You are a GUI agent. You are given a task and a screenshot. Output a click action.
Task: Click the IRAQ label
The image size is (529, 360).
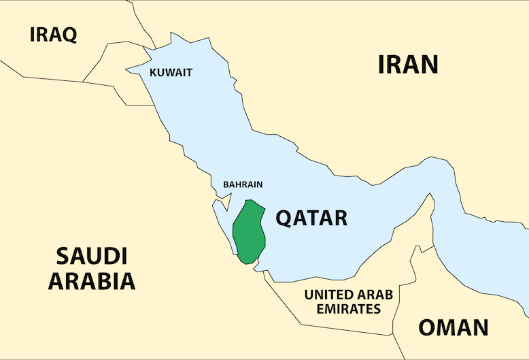(x=53, y=35)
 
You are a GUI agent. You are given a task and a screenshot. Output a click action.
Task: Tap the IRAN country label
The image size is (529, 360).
(x=408, y=64)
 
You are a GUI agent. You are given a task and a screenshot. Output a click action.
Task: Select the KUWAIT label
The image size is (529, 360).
(x=171, y=73)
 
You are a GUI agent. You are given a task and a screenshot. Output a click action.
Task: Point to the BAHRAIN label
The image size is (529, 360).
(x=243, y=184)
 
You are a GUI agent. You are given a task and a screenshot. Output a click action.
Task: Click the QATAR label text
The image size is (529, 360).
(x=311, y=218)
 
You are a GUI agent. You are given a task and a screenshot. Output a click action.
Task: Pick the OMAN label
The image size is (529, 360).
(x=453, y=327)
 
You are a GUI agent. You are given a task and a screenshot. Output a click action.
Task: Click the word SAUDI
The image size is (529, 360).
(x=91, y=257)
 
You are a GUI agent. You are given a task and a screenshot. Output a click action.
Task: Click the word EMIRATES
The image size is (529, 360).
(x=342, y=309)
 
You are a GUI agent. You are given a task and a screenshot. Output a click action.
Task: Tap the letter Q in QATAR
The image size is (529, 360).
(x=284, y=219)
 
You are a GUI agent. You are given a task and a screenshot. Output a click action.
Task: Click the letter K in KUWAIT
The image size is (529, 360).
(x=152, y=73)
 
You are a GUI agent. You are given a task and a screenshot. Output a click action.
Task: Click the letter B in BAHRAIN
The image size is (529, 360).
(x=226, y=184)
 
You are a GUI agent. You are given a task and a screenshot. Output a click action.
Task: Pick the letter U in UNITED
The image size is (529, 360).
(x=309, y=295)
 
